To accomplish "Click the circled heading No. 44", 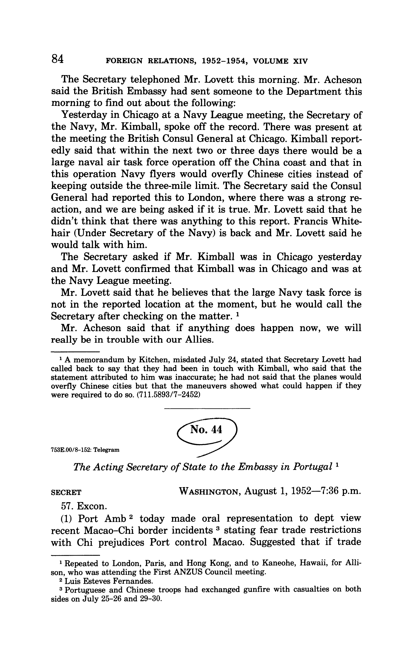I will pos(206,430).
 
